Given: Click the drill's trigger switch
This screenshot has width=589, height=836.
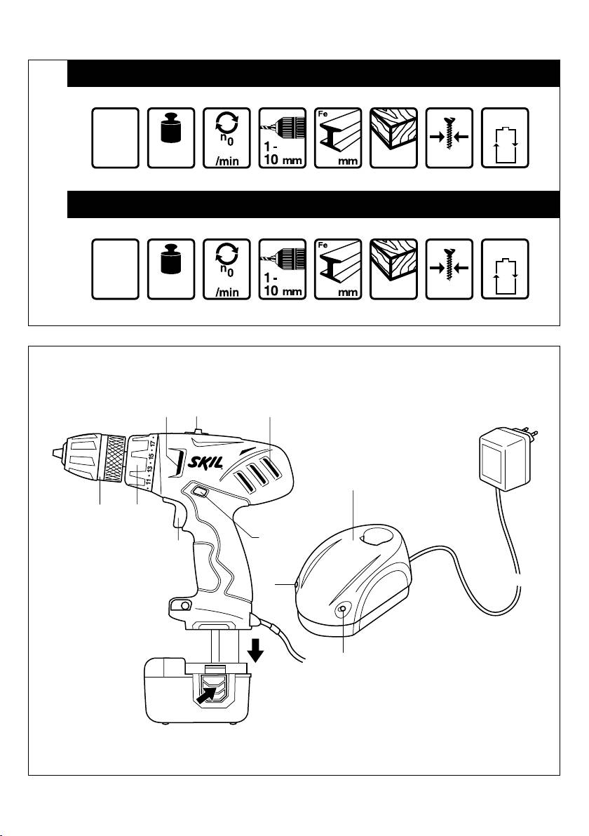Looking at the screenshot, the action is pyautogui.click(x=177, y=514).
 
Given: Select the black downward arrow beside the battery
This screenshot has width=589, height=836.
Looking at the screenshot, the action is pyautogui.click(x=257, y=649).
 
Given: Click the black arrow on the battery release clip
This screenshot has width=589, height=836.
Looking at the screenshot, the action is pyautogui.click(x=208, y=694).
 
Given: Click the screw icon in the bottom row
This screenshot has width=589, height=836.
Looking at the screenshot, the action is pyautogui.click(x=449, y=269).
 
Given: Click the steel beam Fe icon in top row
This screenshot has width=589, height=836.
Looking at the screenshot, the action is pyautogui.click(x=338, y=138).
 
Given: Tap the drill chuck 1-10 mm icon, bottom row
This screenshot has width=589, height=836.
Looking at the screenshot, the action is pyautogui.click(x=283, y=269).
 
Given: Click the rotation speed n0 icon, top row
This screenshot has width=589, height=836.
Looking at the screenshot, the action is pyautogui.click(x=227, y=138).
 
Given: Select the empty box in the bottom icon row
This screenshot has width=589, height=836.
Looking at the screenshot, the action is pyautogui.click(x=115, y=269).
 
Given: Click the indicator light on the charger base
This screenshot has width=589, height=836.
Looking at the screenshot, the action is pyautogui.click(x=342, y=610).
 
